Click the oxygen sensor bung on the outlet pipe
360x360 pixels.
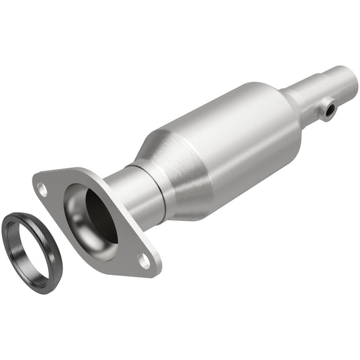click(x=328, y=109)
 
